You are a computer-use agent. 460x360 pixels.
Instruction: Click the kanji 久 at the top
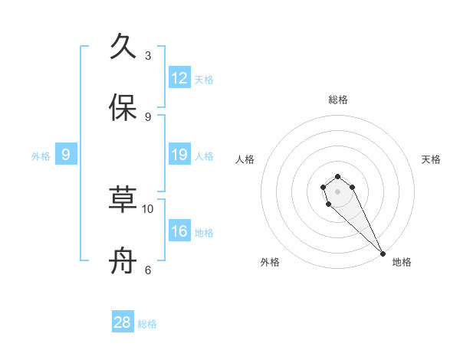point(123,47)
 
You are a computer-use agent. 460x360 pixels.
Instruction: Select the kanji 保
point(123,108)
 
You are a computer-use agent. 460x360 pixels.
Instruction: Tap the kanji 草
point(123,200)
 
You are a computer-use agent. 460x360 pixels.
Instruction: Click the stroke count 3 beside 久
point(148,56)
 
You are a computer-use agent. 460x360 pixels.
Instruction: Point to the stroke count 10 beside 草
point(148,208)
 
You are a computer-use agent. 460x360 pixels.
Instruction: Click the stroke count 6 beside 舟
point(148,270)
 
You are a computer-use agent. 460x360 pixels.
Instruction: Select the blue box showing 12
point(179,78)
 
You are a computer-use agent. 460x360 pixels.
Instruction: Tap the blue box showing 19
point(179,155)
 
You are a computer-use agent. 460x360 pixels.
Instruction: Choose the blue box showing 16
point(179,231)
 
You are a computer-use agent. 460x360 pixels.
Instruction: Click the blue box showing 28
point(123,322)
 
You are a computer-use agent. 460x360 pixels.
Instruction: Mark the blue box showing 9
point(66,155)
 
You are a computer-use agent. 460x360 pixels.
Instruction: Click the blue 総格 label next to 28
point(147,324)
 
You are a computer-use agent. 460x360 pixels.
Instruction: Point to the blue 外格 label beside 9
point(41,156)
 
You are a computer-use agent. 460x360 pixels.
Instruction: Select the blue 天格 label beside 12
point(204,80)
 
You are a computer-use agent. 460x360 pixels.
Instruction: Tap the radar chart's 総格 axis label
point(338,100)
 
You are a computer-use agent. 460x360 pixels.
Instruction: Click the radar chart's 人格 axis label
point(245,159)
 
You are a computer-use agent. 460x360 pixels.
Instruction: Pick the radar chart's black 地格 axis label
point(402,262)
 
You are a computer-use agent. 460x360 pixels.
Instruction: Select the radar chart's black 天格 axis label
point(431,159)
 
